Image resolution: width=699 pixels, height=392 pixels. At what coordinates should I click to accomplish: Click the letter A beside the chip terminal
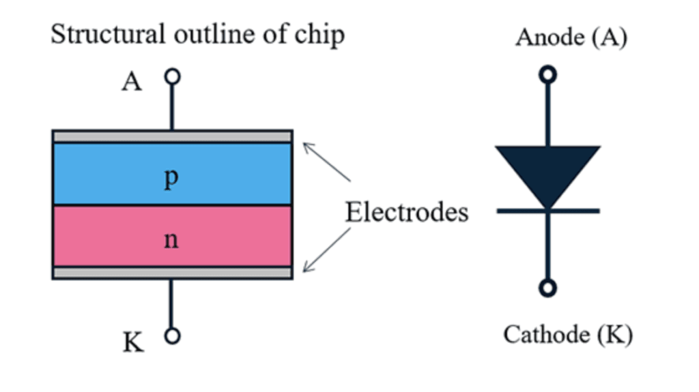pos(132,82)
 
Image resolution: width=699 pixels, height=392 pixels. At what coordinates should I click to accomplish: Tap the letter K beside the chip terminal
pos(134,343)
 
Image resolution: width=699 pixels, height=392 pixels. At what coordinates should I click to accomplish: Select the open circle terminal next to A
pos(173,76)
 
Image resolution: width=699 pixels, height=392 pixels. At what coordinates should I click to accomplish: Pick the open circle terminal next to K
pos(173,335)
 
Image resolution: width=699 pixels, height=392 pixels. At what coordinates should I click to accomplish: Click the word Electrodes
pos(406,212)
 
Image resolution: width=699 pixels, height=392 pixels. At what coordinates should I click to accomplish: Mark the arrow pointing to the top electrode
pos(326,162)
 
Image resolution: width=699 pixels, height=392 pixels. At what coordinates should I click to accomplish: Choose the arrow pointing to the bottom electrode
pos(326,250)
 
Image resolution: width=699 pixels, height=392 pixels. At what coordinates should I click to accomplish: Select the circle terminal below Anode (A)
pos(547,74)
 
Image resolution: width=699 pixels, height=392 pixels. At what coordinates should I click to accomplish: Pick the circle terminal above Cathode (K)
pos(547,288)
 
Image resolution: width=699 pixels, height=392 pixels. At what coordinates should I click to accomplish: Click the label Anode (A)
pos(571,38)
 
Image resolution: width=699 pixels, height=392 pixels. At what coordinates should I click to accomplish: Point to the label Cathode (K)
pos(568,335)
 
